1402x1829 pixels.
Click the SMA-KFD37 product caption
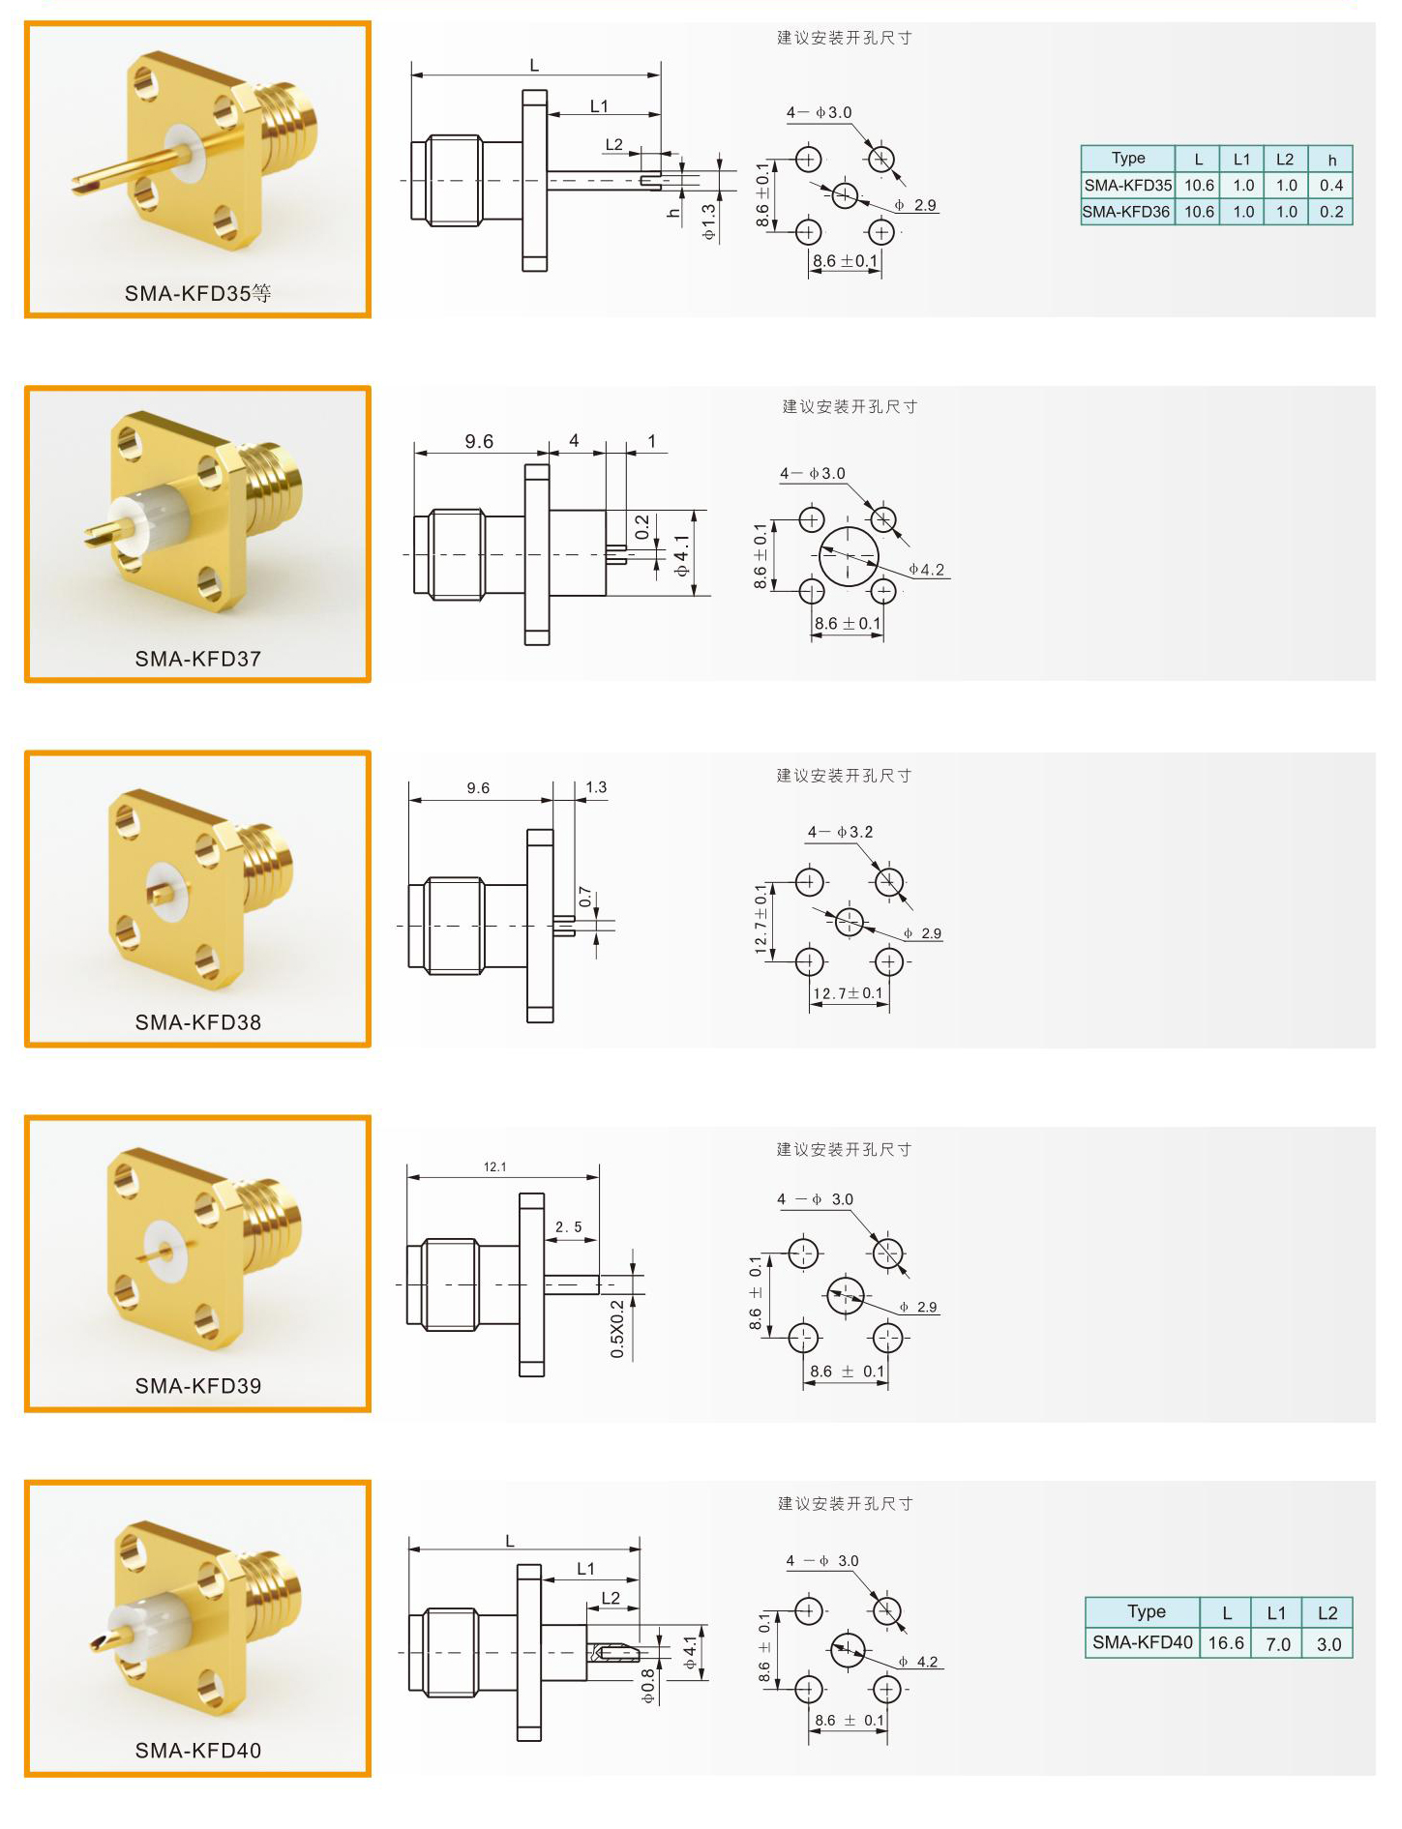click(198, 659)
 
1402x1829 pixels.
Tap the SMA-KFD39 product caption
click(198, 1386)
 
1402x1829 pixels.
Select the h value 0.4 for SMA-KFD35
click(1331, 185)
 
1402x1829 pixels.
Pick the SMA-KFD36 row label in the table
click(1126, 212)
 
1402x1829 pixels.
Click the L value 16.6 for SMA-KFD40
click(1226, 1643)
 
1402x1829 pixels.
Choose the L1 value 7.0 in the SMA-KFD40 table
click(1277, 1643)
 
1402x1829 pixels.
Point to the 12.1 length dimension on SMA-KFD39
click(495, 1166)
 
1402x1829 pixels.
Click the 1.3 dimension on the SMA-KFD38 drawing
click(596, 787)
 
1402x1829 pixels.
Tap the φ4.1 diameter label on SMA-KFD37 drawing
click(683, 556)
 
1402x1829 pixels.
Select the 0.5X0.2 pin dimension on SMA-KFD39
click(617, 1329)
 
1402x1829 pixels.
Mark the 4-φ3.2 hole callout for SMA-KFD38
click(841, 832)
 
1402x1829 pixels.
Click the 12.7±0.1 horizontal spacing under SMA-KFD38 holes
click(848, 993)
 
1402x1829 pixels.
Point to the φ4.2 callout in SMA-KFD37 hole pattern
click(926, 570)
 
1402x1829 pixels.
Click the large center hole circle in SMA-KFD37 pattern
click(849, 527)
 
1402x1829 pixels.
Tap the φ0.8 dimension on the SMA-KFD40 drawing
click(648, 1686)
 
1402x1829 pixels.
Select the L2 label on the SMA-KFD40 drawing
click(611, 1597)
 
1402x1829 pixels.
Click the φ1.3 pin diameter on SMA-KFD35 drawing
click(709, 221)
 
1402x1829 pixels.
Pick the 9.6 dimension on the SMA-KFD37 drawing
click(479, 441)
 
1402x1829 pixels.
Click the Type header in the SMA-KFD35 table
click(1128, 158)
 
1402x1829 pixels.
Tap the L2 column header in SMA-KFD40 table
click(1327, 1612)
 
